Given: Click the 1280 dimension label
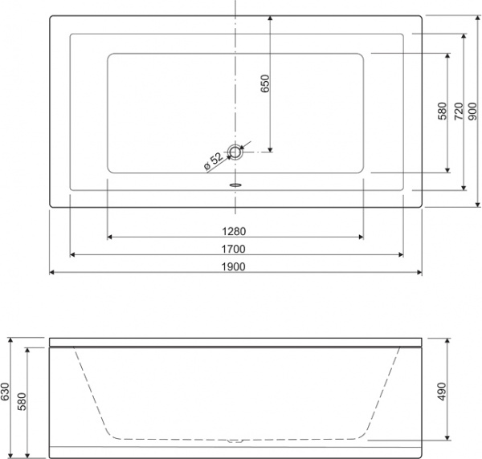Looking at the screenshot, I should (235, 230).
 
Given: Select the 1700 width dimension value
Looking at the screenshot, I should (235, 248).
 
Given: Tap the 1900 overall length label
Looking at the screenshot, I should (235, 266).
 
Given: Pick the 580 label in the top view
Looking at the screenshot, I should (442, 112).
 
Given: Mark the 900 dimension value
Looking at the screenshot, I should (474, 112).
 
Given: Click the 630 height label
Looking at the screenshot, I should (6, 391).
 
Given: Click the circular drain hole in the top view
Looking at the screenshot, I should (235, 150).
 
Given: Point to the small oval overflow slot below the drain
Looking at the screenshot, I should (235, 182).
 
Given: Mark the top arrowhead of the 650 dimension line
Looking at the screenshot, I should (272, 18).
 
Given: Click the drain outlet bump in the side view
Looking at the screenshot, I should (234, 440).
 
